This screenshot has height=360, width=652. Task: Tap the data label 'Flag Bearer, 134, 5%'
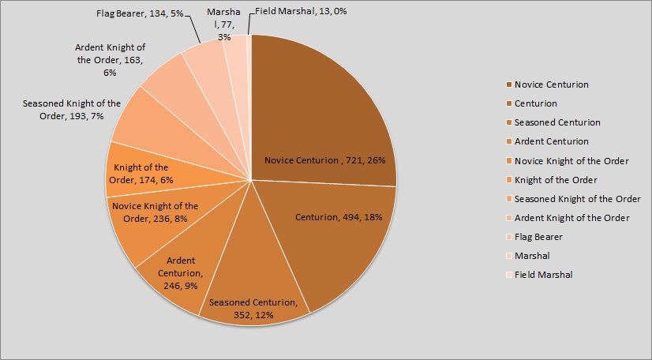pyautogui.click(x=141, y=14)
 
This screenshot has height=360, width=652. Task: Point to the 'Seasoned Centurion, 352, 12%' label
pyautogui.click(x=253, y=309)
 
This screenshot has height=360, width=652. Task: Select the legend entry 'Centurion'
pyautogui.click(x=536, y=103)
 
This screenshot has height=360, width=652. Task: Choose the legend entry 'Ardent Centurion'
pyautogui.click(x=551, y=141)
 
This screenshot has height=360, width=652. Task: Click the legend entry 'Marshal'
pyautogui.click(x=532, y=256)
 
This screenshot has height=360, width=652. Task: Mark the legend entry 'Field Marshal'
pyautogui.click(x=543, y=275)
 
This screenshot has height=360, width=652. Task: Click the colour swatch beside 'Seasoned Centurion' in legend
pyautogui.click(x=508, y=122)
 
